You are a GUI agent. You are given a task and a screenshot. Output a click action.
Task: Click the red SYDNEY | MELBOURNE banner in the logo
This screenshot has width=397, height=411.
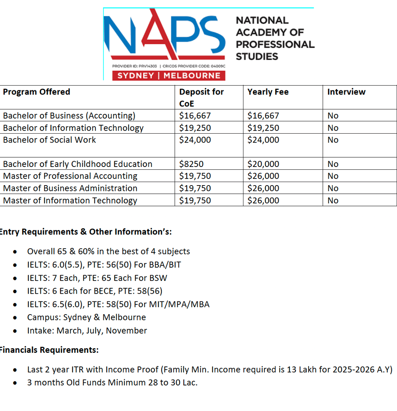[x=169, y=75]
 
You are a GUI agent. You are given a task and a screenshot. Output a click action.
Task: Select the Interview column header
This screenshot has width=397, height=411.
[x=346, y=92]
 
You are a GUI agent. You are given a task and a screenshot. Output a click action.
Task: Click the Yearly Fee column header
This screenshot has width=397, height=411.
[x=268, y=92]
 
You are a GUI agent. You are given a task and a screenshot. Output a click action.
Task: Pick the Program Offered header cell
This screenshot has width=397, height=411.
[x=36, y=92]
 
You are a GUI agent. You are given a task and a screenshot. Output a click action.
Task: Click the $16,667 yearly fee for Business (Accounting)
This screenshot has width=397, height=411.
[x=263, y=115]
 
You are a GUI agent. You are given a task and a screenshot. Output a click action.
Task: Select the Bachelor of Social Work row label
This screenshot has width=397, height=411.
[x=49, y=140]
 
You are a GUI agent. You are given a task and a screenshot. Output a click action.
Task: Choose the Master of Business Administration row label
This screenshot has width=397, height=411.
[x=70, y=188]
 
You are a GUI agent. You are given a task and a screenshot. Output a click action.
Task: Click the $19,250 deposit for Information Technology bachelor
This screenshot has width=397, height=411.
[x=195, y=128]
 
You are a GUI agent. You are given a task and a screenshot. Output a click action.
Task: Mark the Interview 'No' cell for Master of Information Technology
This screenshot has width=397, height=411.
[x=333, y=201]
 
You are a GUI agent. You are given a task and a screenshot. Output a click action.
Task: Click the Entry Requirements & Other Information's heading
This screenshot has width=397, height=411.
[x=85, y=232]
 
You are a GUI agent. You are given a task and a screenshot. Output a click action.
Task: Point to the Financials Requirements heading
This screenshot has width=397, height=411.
[x=49, y=350]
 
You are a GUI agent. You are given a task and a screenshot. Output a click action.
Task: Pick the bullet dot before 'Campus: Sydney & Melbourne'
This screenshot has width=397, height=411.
[x=15, y=318]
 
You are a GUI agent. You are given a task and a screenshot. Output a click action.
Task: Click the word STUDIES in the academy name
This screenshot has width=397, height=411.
[x=257, y=57]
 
